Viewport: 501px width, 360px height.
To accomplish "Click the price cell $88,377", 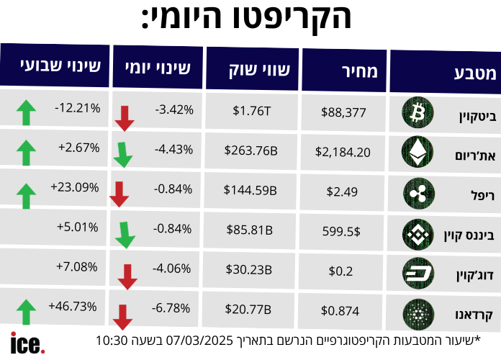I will (x=344, y=112).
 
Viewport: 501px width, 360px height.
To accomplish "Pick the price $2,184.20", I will (x=343, y=152).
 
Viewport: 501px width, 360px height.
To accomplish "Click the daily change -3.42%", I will (x=173, y=110).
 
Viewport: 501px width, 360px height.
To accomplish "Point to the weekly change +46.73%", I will (x=73, y=286).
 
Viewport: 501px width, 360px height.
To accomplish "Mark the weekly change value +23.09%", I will (x=75, y=186).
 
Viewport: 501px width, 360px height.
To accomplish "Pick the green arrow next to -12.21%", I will (x=26, y=112).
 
